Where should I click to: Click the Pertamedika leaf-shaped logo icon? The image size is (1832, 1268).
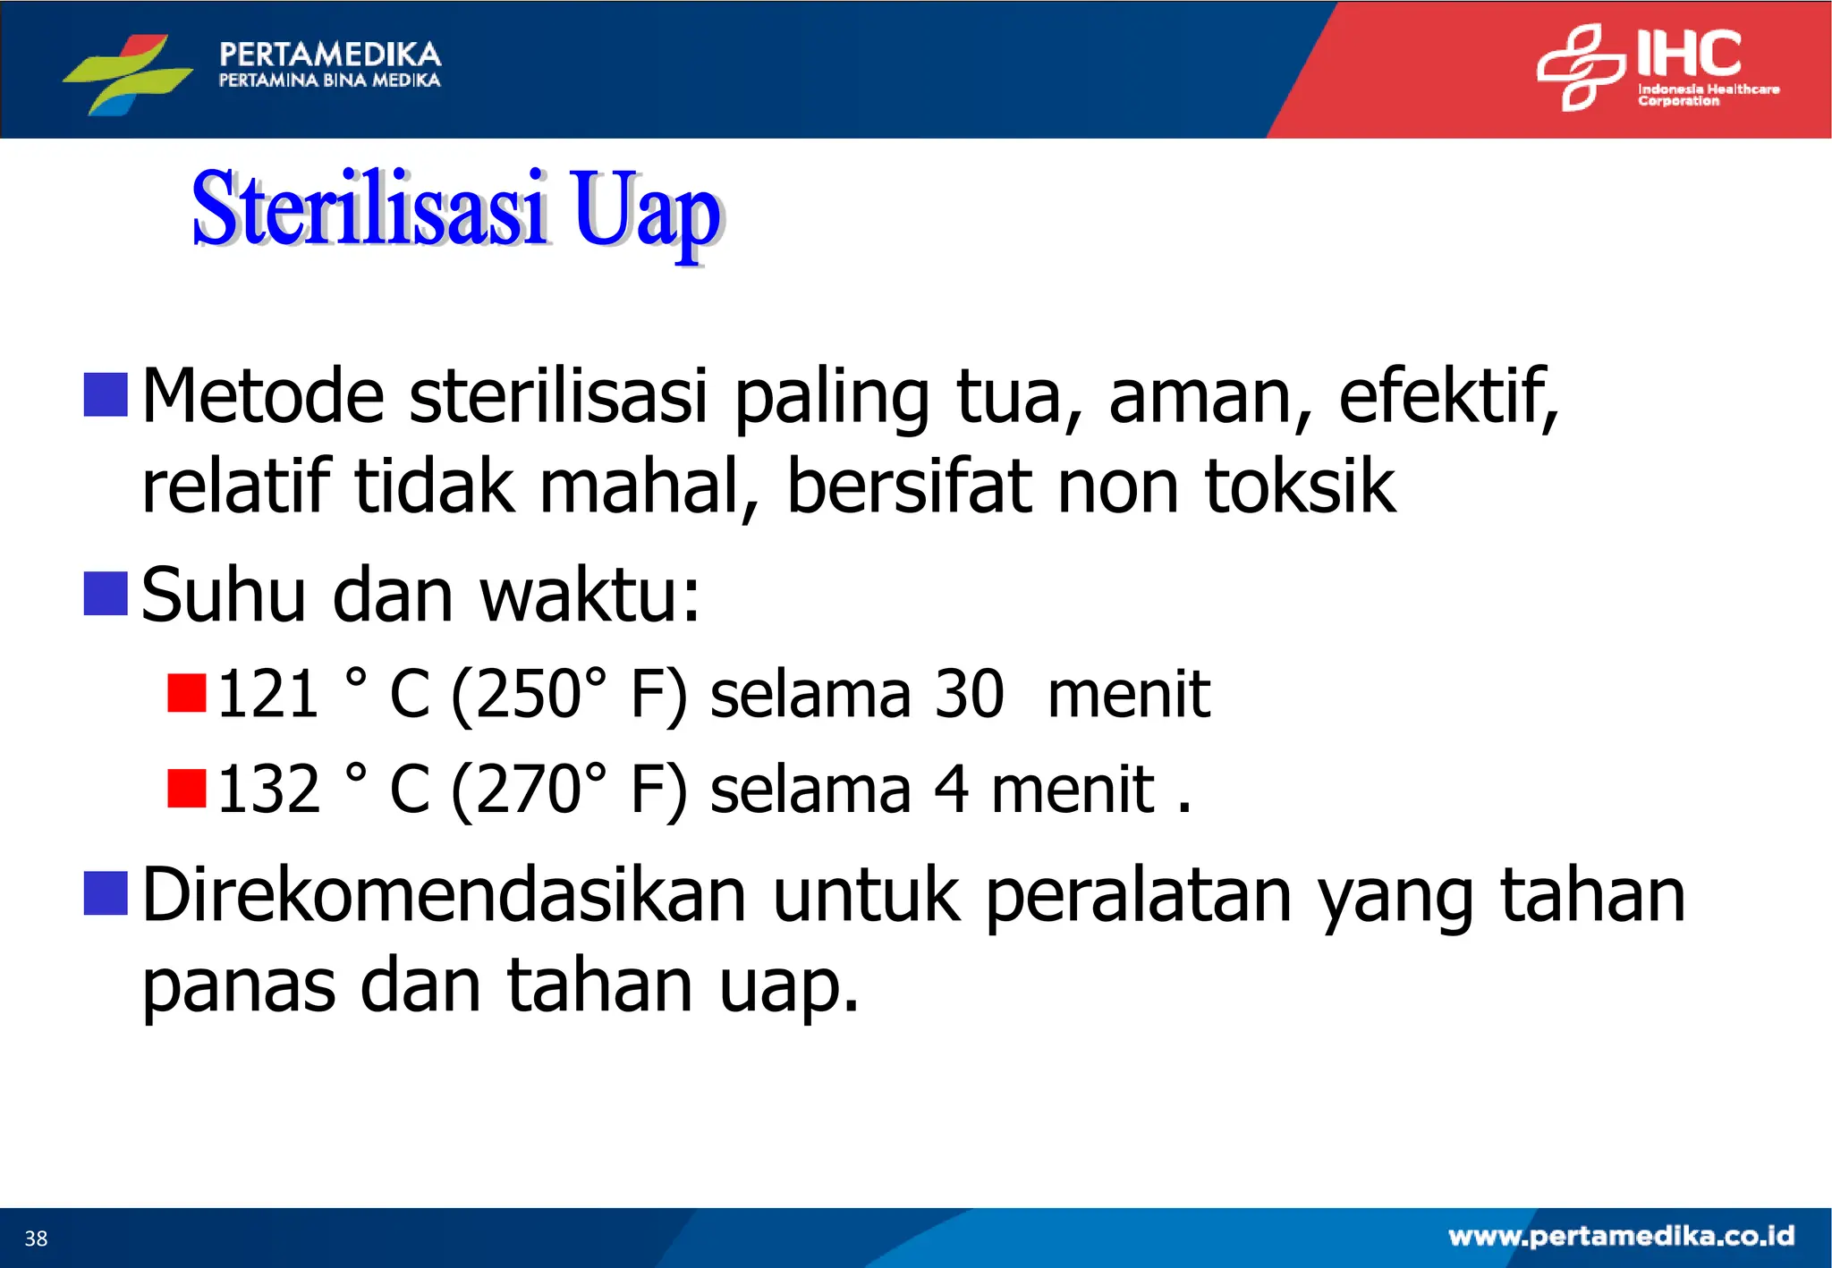[x=127, y=73]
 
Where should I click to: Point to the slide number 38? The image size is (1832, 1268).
[x=36, y=1238]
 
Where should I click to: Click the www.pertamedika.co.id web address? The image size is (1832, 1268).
[x=1621, y=1236]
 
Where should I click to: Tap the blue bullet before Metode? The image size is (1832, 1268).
[x=106, y=394]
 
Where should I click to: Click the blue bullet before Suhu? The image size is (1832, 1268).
[x=106, y=594]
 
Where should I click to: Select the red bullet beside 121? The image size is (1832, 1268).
[x=187, y=693]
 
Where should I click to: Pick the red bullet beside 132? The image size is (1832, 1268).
[x=187, y=788]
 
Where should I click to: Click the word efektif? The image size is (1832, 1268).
[x=1447, y=395]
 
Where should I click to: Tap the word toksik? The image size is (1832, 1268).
[x=1299, y=486]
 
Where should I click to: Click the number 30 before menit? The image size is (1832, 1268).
[x=969, y=694]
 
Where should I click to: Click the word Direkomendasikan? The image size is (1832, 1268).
[x=443, y=895]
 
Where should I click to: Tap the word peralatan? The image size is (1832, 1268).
[x=1139, y=895]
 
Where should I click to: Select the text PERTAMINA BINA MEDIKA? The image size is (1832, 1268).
[x=329, y=80]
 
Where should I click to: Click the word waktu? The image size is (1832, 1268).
[x=589, y=596]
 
